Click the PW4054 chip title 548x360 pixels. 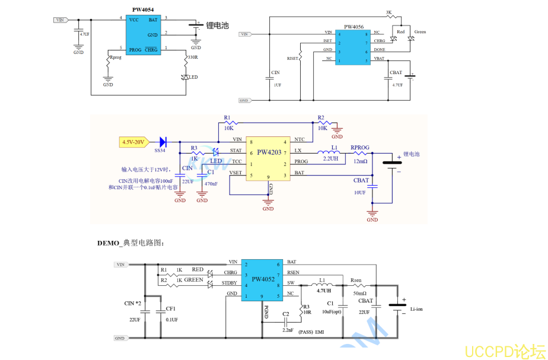(x=143, y=9)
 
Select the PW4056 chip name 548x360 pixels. (x=354, y=27)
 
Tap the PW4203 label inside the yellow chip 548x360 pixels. (x=269, y=152)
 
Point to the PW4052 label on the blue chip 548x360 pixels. (x=263, y=279)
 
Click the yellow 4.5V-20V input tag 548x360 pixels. (x=132, y=142)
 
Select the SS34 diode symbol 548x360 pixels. (x=161, y=142)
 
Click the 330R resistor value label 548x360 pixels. (x=192, y=58)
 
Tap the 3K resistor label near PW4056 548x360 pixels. (x=388, y=12)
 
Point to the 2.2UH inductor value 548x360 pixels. (x=330, y=160)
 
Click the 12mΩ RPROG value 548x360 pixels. (x=360, y=161)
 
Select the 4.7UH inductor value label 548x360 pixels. (x=324, y=291)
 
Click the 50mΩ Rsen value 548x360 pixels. (x=360, y=293)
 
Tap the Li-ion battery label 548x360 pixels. (x=416, y=309)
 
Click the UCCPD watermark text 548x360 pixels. (x=502, y=351)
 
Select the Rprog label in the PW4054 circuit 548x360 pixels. (x=116, y=58)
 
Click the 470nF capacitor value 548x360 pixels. (x=211, y=184)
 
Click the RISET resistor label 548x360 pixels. (x=293, y=59)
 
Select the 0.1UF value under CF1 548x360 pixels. (x=171, y=320)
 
